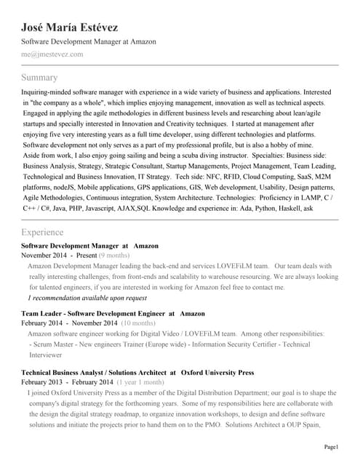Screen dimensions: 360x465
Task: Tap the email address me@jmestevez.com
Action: pyautogui.click(x=52, y=54)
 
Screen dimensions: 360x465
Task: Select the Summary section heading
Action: pyautogui.click(x=39, y=78)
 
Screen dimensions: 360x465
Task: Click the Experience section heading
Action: pyautogui.click(x=43, y=232)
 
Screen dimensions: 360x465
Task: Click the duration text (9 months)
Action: pyautogui.click(x=115, y=256)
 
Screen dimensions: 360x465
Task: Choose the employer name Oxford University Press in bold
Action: pyautogui.click(x=217, y=373)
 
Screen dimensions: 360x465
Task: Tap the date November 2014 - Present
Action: pyautogui.click(x=59, y=256)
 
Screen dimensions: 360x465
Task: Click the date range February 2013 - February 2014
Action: pyautogui.click(x=67, y=382)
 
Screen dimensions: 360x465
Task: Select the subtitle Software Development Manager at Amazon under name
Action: pyautogui.click(x=89, y=42)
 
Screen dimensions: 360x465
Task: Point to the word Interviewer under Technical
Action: pyautogui.click(x=46, y=356)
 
